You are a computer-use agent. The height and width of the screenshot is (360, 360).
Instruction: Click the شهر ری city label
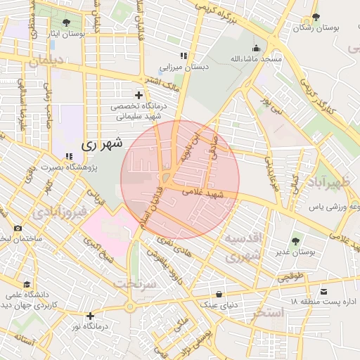coord(102,143)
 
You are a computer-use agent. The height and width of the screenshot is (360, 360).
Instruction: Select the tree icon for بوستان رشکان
coord(316,17)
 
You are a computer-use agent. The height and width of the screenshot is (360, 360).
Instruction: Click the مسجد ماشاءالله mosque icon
coord(255,48)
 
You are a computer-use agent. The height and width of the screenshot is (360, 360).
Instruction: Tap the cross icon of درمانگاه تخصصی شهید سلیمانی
coord(139,95)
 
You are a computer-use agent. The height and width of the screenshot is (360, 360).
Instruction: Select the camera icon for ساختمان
coord(18,229)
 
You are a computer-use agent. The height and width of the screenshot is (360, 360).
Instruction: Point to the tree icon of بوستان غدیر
coord(295,241)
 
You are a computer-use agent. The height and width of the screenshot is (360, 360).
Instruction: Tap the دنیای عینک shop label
coord(221,304)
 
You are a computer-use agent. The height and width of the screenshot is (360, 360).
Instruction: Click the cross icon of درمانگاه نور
coord(90,316)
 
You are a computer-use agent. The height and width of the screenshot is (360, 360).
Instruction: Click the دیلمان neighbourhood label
coord(46,61)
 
